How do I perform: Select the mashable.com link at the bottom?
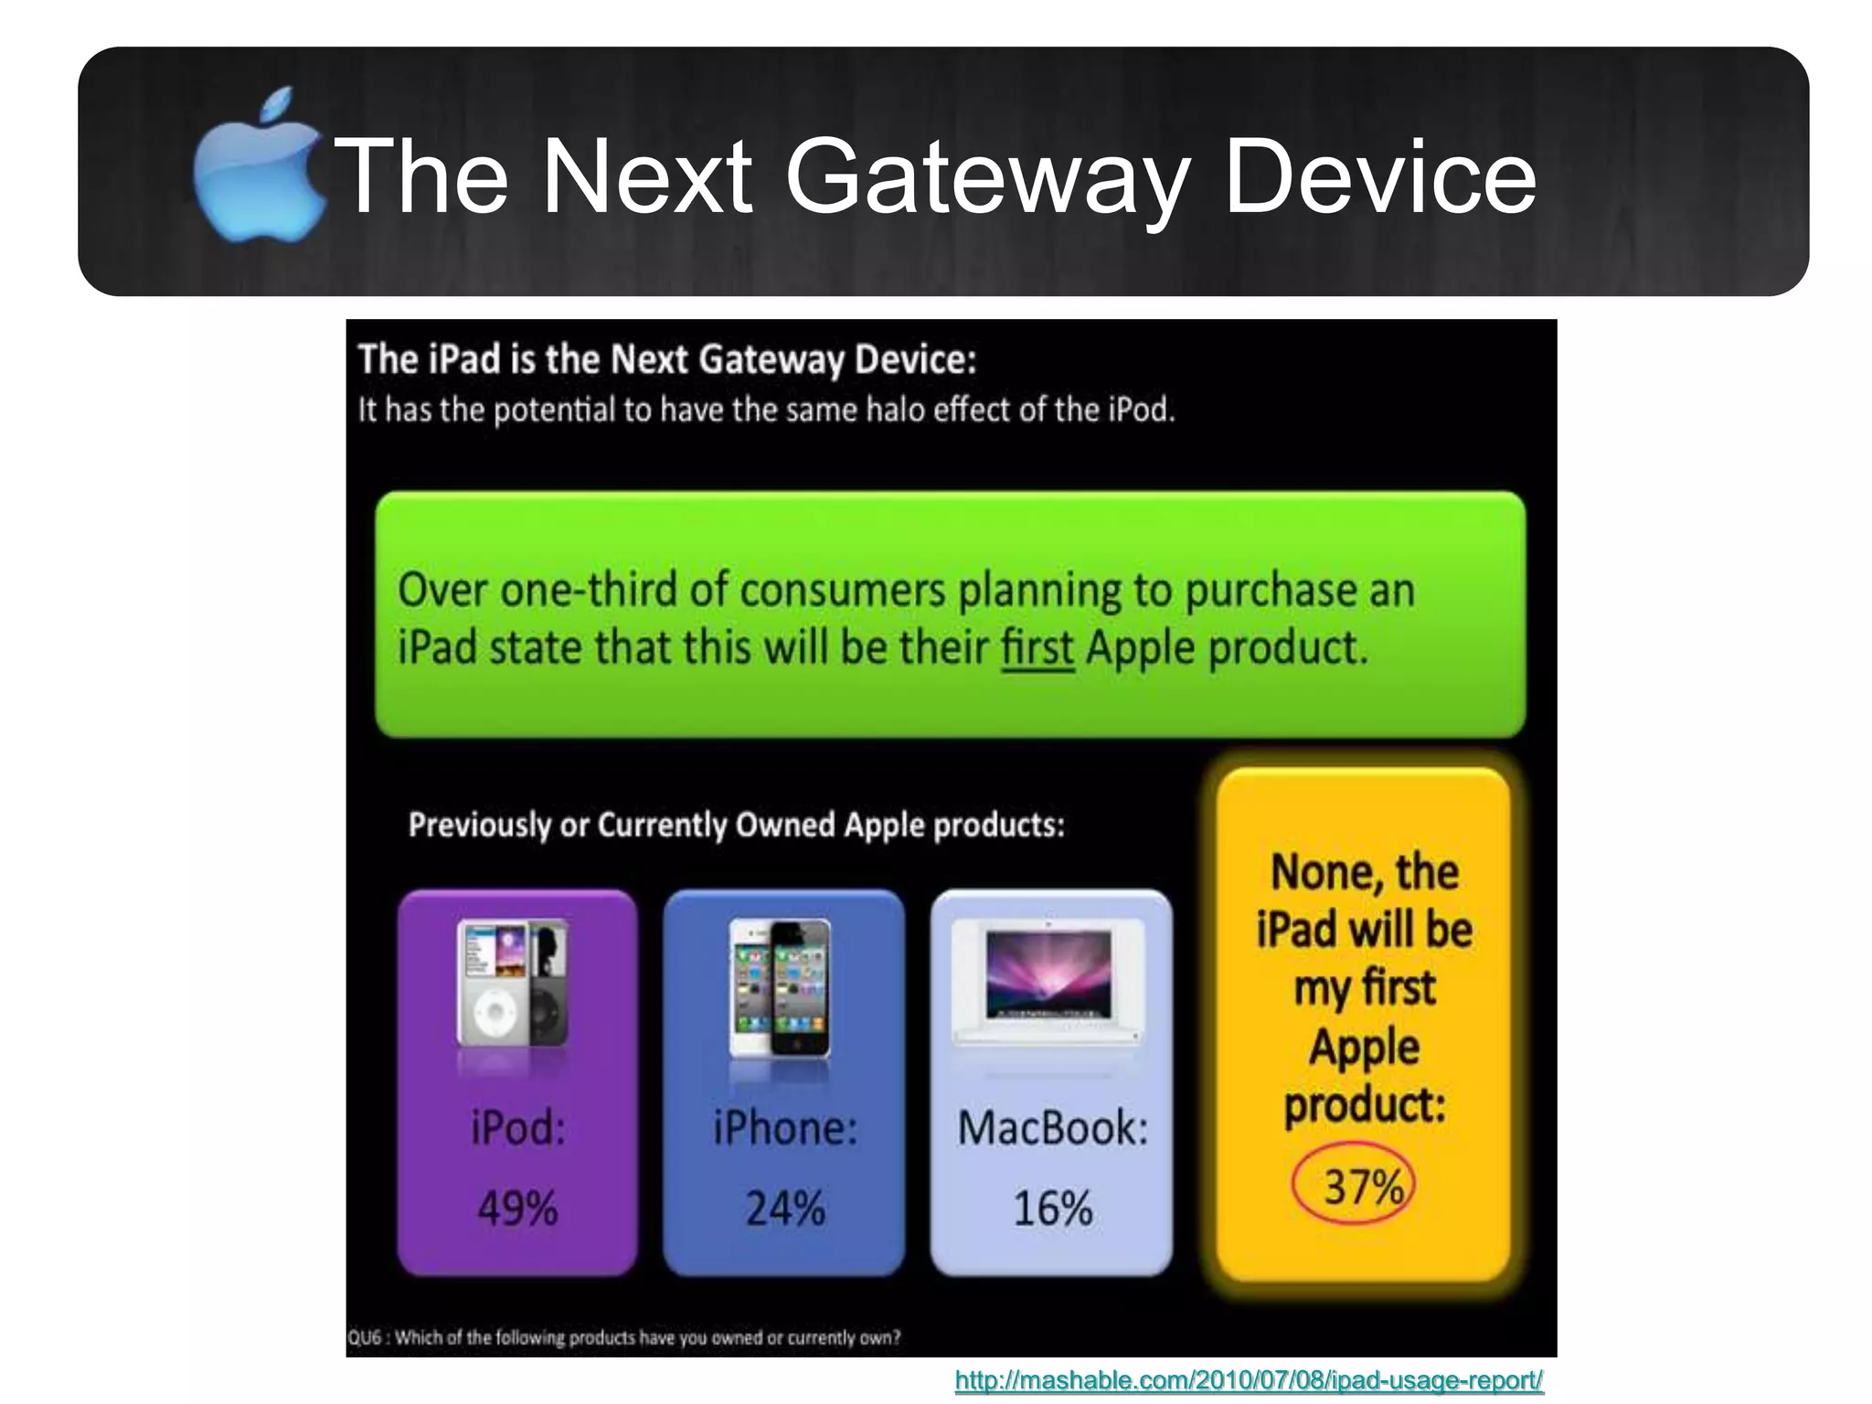(x=1249, y=1380)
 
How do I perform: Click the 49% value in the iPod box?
(x=517, y=1208)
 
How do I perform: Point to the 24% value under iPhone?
(x=785, y=1208)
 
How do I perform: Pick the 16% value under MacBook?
(x=1052, y=1208)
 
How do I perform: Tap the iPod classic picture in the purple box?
(x=513, y=984)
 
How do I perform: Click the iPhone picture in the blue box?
(x=781, y=987)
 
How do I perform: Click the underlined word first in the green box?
(x=1037, y=648)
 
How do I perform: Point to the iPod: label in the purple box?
(x=518, y=1128)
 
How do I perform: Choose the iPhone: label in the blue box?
(x=785, y=1128)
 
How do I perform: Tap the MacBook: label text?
(x=1052, y=1128)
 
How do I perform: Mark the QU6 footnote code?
(x=364, y=1337)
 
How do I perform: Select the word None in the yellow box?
(x=1314, y=872)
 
